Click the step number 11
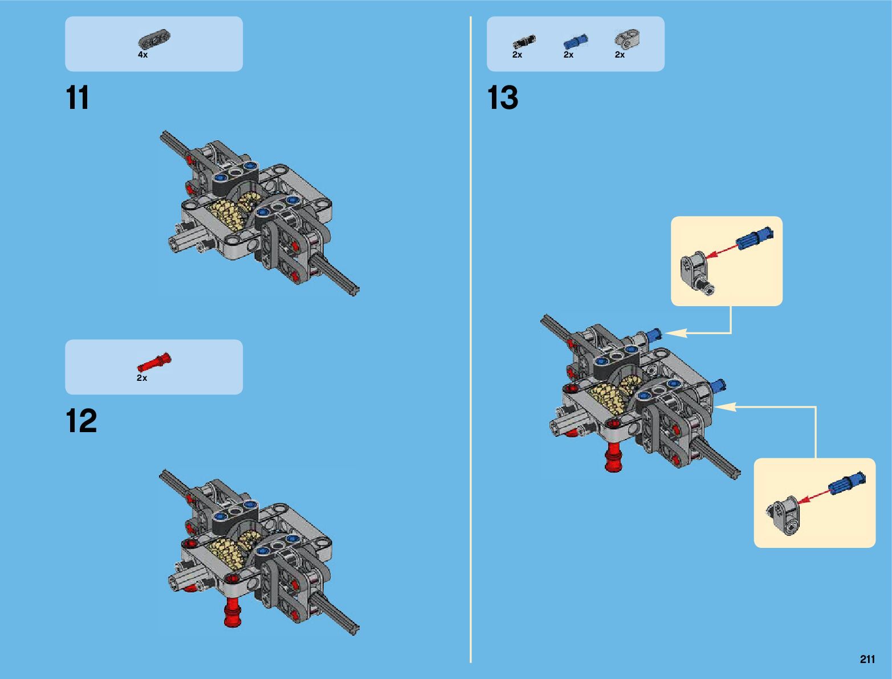click(78, 98)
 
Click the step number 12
click(81, 422)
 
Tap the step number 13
click(503, 98)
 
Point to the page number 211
click(867, 660)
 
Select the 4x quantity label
click(142, 55)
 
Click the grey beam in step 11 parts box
click(154, 39)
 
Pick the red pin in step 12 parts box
click(154, 363)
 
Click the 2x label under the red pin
click(142, 378)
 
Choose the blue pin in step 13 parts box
click(576, 41)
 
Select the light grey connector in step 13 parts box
click(627, 39)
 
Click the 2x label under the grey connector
click(620, 55)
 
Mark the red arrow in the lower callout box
click(813, 495)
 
